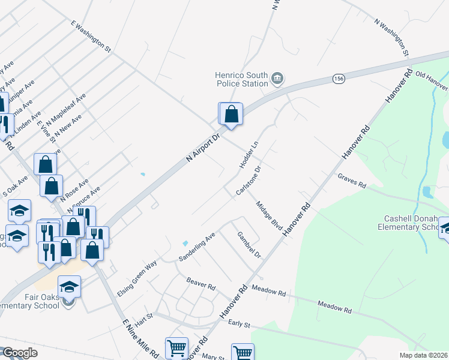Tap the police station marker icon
(277, 78)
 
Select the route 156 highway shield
(339, 79)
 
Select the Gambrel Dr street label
(249, 245)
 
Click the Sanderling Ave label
(197, 247)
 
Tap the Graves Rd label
(352, 181)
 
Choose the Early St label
(239, 323)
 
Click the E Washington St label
(91, 35)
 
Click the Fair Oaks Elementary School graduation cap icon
(70, 286)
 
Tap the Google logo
(20, 353)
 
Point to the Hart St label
(145, 319)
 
